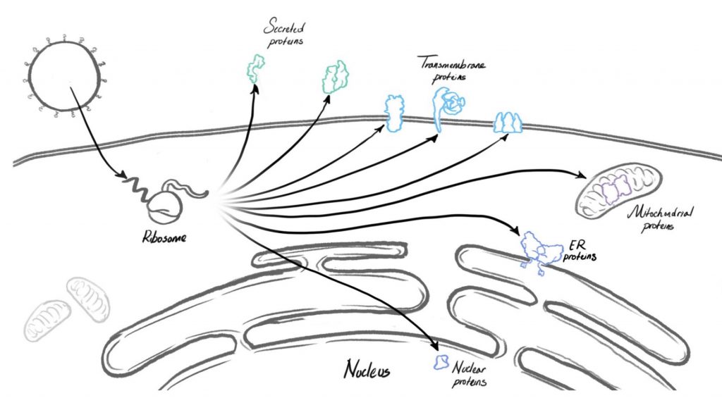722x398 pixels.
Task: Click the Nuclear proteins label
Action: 472,374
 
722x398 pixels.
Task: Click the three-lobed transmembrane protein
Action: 508,122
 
